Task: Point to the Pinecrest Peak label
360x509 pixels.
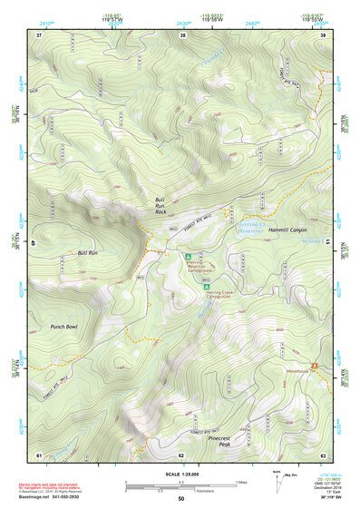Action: (x=220, y=440)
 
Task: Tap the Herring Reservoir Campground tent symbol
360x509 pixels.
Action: (x=189, y=258)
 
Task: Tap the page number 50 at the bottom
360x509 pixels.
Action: (x=180, y=500)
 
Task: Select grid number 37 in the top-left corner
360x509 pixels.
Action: (x=39, y=34)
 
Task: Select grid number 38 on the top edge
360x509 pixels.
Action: (x=182, y=34)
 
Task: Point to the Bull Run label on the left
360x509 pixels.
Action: (x=87, y=252)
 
